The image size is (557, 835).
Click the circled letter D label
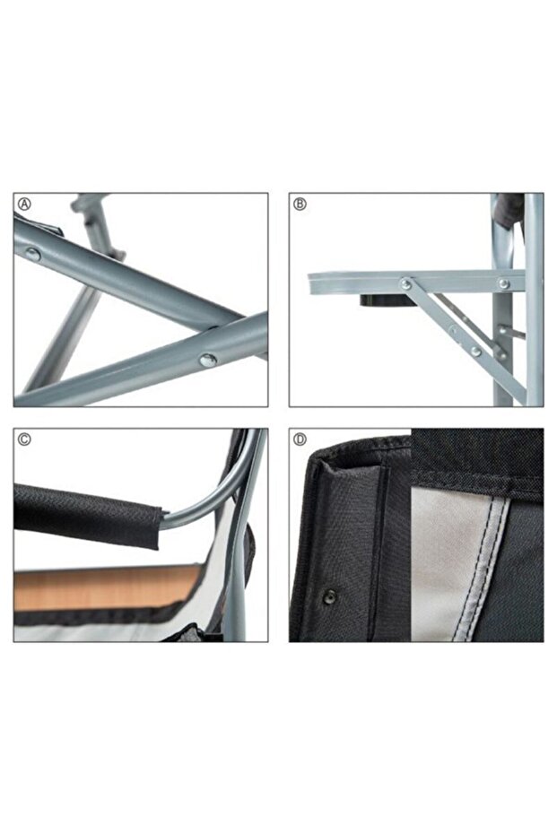pyautogui.click(x=300, y=439)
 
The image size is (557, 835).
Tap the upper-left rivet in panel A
pyautogui.click(x=32, y=254)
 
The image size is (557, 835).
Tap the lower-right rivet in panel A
pyautogui.click(x=207, y=360)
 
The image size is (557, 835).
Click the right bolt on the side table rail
pyautogui.click(x=503, y=283)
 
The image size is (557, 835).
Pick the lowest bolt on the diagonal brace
pyautogui.click(x=475, y=352)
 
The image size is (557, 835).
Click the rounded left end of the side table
pyautogui.click(x=313, y=283)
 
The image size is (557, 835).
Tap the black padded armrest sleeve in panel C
pyautogui.click(x=85, y=513)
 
